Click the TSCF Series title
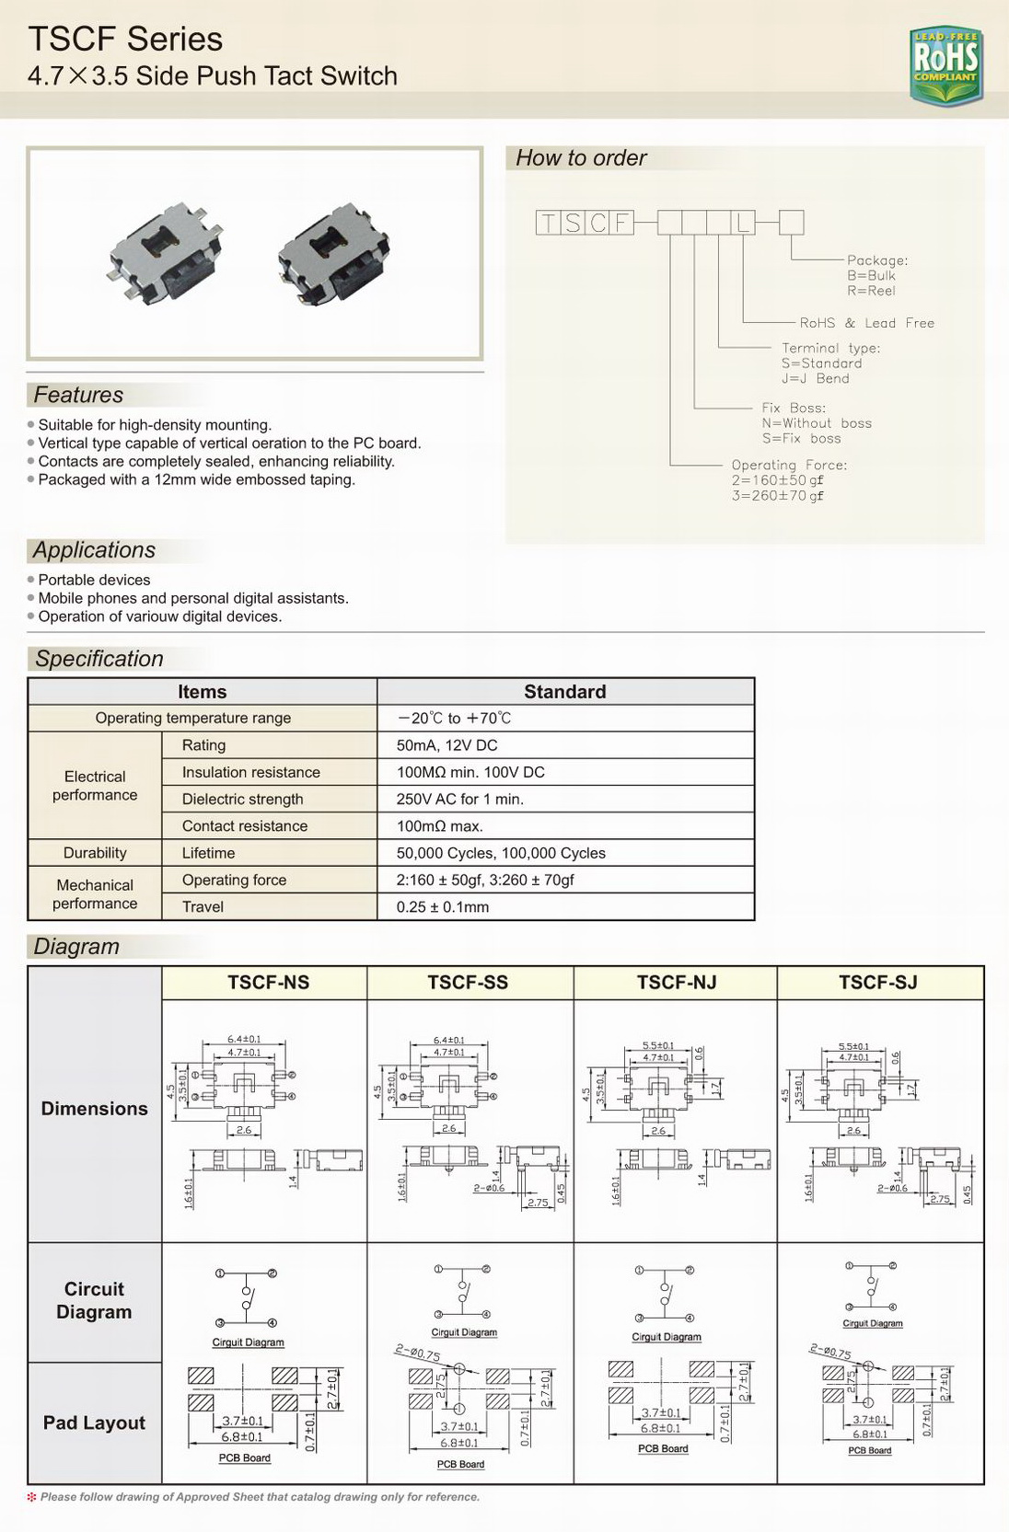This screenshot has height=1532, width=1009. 125,39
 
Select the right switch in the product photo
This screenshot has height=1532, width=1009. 337,254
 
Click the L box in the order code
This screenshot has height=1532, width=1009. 743,223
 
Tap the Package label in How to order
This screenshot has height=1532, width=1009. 876,260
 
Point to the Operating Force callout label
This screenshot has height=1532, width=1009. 789,465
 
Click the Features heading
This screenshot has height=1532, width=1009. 78,395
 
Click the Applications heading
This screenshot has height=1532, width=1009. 94,550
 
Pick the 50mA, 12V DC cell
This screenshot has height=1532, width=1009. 447,745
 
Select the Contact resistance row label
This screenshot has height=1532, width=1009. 244,826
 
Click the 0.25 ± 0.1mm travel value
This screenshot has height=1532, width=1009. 443,907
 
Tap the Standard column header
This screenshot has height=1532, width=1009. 564,692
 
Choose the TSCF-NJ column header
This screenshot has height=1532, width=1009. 676,983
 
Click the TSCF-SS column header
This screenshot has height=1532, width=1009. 468,983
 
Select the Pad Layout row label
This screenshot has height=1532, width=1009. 94,1423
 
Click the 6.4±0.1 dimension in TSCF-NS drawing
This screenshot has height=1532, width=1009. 244,1039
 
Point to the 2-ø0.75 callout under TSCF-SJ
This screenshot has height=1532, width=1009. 829,1353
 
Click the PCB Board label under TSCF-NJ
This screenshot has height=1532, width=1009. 663,1448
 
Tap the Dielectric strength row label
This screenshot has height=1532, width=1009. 242,800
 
